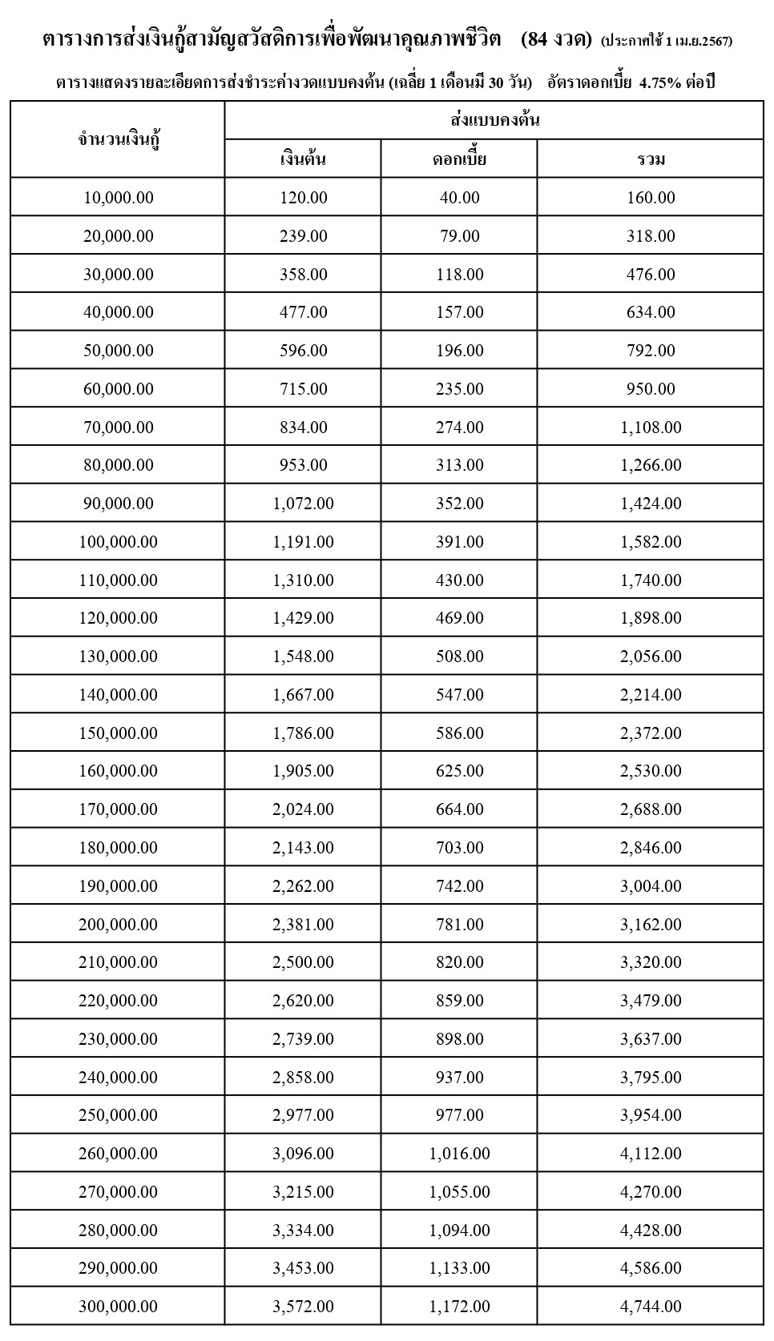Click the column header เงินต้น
303,159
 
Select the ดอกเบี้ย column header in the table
459,159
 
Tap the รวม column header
651,159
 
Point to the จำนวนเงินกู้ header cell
119,140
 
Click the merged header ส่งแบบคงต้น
494,121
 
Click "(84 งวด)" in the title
555,39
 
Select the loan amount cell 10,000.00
119,198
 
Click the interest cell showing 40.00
459,198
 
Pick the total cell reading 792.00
651,351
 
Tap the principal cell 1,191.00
303,542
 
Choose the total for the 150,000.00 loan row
651,733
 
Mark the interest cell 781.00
459,925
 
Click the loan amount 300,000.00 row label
119,1307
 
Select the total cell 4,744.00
651,1307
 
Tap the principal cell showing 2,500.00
303,962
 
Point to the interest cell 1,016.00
459,1154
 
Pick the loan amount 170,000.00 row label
119,809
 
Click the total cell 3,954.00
651,1115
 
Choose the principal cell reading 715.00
303,389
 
